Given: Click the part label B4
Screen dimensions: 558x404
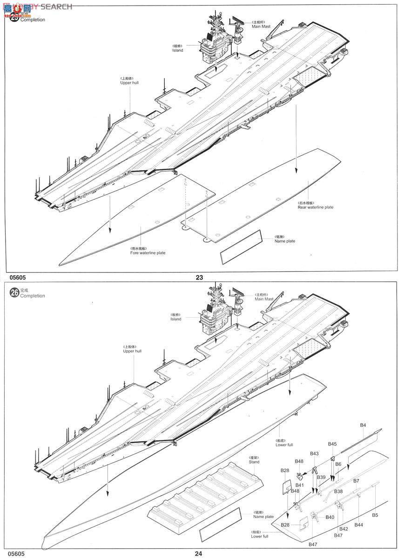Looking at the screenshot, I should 363,425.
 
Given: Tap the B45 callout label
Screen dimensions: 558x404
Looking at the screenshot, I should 332,444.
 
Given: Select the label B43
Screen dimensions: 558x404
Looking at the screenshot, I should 314,453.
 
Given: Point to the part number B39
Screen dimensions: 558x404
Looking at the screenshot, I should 321,478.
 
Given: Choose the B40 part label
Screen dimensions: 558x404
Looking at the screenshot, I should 330,517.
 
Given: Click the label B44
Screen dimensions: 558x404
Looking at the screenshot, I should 358,525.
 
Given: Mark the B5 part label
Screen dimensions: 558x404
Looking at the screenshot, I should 375,515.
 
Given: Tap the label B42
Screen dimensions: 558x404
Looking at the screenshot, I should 343,529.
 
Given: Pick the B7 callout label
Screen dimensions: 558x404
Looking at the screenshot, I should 356,480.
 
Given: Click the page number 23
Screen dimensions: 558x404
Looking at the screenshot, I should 199,278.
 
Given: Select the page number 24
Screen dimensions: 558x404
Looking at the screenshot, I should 199,553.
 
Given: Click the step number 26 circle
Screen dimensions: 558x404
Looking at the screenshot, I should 14,292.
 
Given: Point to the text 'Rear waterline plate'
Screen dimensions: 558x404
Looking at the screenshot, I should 316,207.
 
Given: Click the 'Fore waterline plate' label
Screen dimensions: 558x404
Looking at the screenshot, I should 148,252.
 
